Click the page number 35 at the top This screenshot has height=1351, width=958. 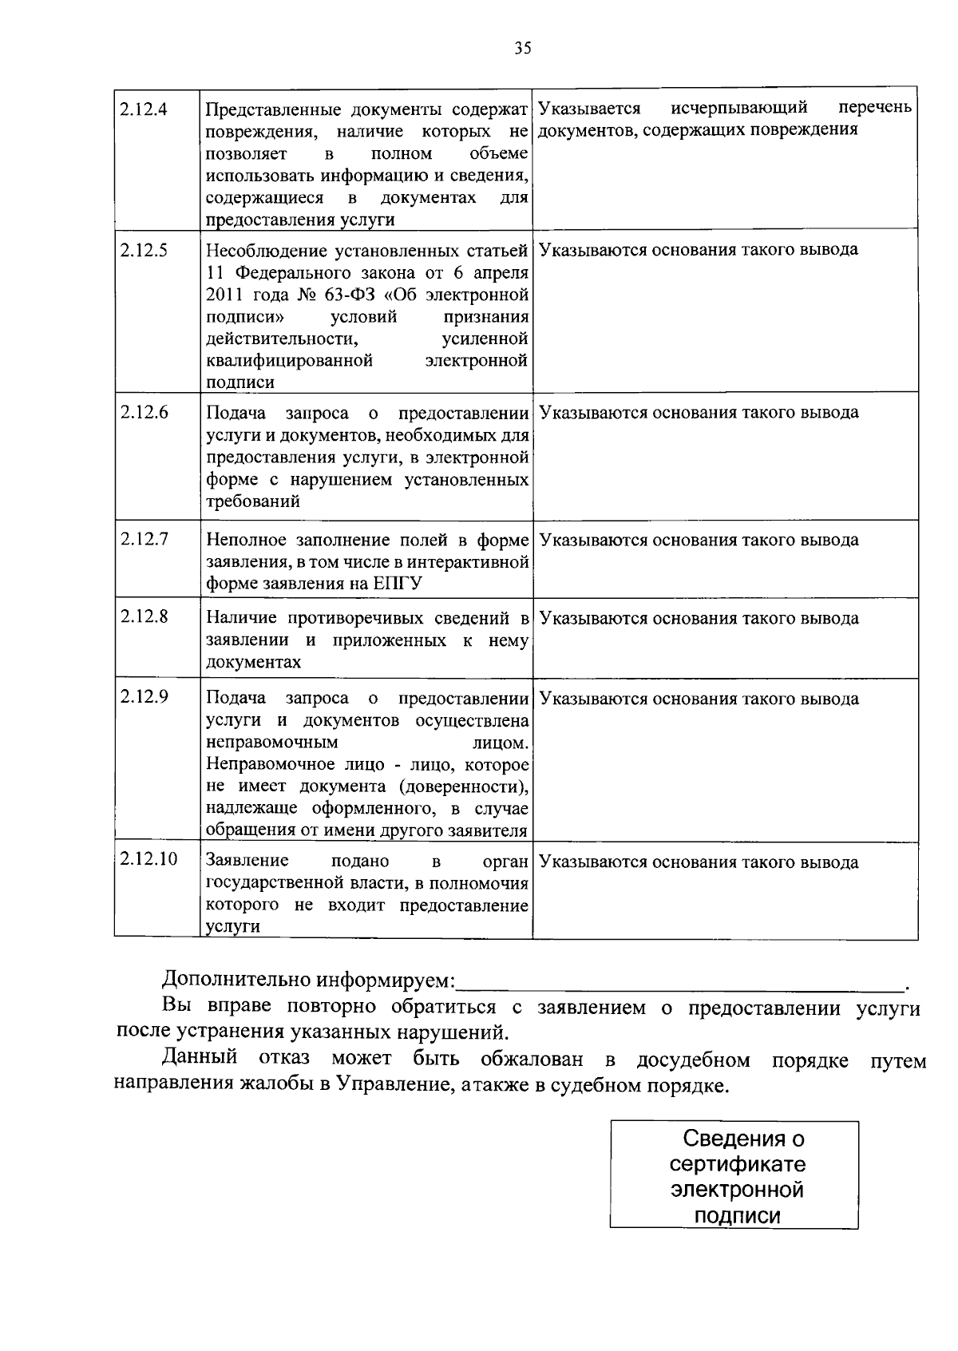(522, 49)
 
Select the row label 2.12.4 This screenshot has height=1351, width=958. (144, 109)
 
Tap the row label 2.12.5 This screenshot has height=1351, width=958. (144, 251)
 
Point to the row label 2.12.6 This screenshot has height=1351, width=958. (144, 413)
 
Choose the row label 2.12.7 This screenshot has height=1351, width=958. (144, 539)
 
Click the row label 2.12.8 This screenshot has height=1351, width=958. (144, 616)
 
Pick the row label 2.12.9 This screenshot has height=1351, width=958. (144, 696)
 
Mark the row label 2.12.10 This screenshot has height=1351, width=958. (148, 859)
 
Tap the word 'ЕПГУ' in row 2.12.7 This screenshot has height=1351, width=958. (397, 584)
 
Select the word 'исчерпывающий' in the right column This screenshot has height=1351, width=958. (739, 107)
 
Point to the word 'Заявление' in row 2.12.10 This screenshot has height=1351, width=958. (247, 861)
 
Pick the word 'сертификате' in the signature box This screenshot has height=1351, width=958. (738, 1163)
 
